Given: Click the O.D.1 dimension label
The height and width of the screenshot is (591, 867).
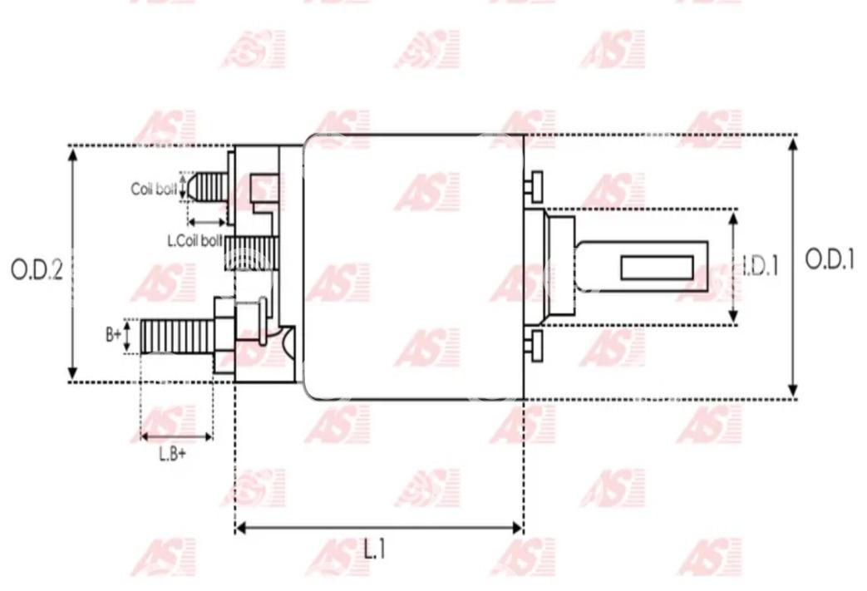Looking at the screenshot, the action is pos(830,259).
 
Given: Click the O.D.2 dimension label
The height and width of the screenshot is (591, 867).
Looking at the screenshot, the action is pos(37,270).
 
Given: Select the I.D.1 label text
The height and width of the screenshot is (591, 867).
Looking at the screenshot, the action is pos(760,267).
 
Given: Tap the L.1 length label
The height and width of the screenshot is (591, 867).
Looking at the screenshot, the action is pos(374,549).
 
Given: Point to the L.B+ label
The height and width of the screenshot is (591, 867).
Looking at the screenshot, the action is pos(173,454).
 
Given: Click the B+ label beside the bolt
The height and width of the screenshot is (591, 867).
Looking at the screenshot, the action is pos(113,334).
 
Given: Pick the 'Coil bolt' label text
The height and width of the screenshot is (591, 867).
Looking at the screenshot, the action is pos(154,189).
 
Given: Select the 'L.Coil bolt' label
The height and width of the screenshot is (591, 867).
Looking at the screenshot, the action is pos(195,241).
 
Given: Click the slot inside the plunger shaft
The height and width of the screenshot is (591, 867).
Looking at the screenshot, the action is pos(657,268).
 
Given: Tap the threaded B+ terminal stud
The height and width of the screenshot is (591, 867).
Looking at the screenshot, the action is pos(177,336).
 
